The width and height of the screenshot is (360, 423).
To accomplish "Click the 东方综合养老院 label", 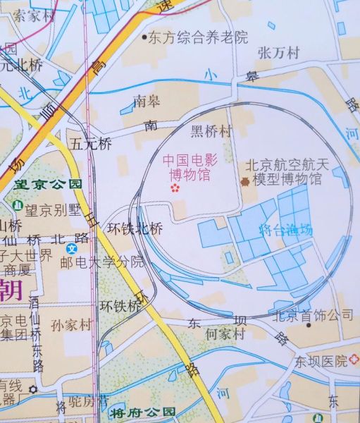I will [x=198, y=38].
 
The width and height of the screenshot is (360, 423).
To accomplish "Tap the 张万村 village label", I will [x=279, y=53].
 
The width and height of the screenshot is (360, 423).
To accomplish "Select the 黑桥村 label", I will [x=211, y=130].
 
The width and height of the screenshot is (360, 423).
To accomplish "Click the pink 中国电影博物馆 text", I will [x=190, y=166].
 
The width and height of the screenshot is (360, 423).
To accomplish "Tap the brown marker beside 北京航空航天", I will [x=244, y=180].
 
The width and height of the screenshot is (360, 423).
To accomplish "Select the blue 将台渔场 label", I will [x=285, y=229].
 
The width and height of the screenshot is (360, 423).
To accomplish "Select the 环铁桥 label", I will [x=121, y=306].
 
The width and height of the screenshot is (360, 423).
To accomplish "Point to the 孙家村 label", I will [x=72, y=325].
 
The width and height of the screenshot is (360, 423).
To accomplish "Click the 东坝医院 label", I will [x=321, y=361].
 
